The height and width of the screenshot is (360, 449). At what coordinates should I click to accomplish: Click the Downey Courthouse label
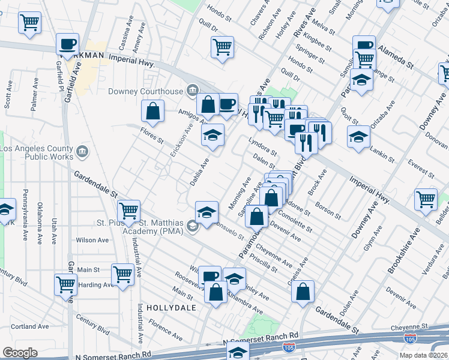146,92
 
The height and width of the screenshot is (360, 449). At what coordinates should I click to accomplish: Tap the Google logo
20,353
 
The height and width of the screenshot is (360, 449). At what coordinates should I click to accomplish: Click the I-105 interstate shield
411,340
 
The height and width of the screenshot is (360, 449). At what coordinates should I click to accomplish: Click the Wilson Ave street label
92,240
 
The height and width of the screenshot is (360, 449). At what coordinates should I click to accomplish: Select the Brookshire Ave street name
402,253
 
